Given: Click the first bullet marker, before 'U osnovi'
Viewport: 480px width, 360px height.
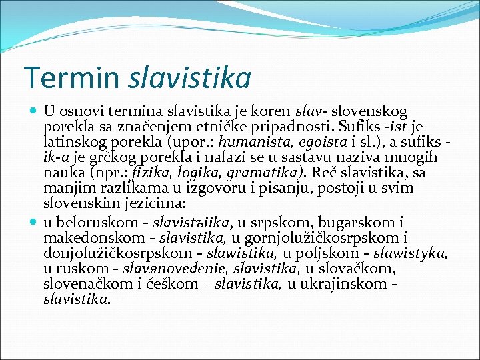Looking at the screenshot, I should point(35,109).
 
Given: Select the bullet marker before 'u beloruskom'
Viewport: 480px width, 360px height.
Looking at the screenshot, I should point(35,221).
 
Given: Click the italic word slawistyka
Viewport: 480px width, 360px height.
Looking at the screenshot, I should point(409,254).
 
